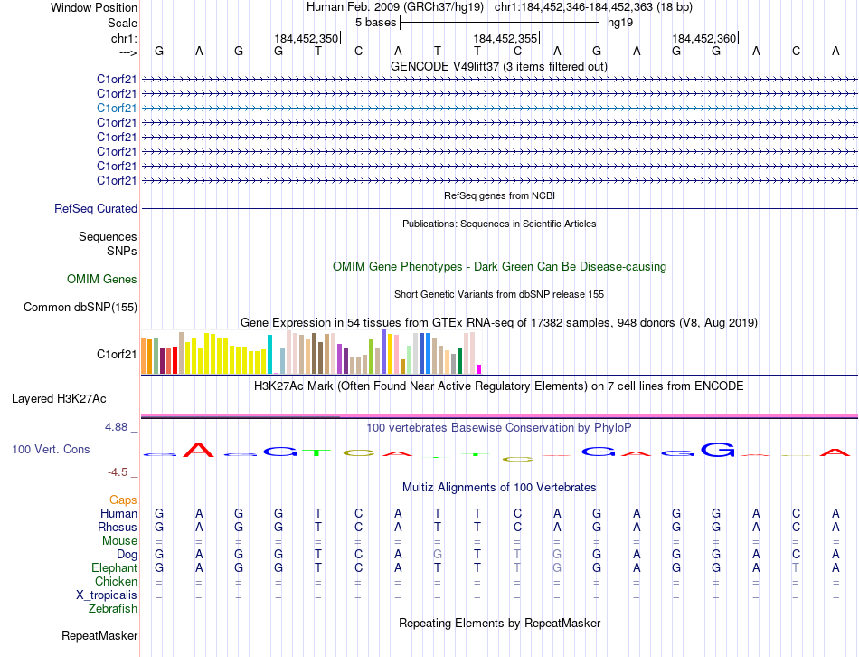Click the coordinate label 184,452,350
click(306, 39)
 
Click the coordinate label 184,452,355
click(505, 39)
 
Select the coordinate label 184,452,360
click(703, 39)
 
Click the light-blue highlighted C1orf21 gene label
click(117, 108)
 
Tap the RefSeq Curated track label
click(96, 209)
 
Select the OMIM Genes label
click(102, 280)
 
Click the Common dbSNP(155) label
click(80, 308)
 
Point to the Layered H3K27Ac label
click(59, 398)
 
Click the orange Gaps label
click(123, 500)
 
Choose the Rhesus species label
click(118, 528)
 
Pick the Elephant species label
click(115, 567)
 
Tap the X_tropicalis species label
click(107, 595)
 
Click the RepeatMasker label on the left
click(99, 636)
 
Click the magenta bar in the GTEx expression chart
click(479, 368)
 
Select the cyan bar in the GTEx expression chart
click(269, 354)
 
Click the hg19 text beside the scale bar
click(619, 21)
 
